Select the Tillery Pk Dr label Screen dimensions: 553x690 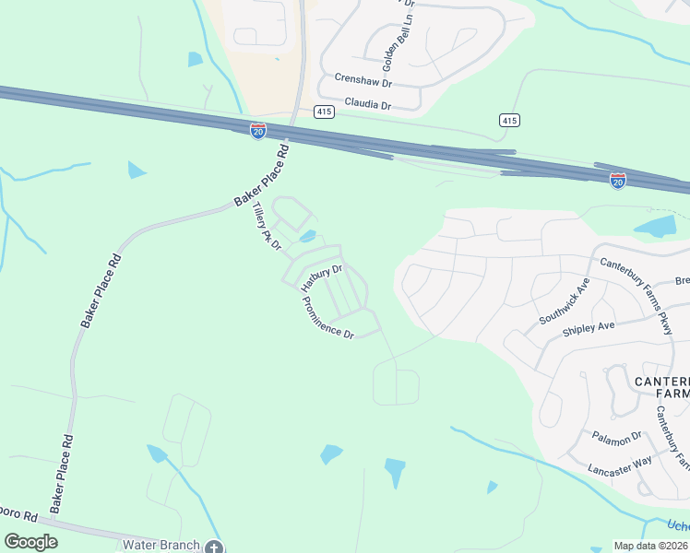click(x=267, y=229)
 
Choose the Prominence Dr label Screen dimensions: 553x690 click(x=327, y=318)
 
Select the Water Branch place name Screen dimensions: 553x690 click(x=161, y=545)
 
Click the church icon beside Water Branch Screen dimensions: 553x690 click(x=214, y=547)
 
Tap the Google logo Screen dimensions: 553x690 click(x=30, y=542)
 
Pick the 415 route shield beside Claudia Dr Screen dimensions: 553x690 click(x=323, y=112)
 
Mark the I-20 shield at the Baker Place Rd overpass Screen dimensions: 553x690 click(x=258, y=131)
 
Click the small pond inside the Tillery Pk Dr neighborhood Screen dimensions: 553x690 click(x=308, y=236)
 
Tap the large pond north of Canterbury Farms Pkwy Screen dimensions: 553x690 click(x=656, y=227)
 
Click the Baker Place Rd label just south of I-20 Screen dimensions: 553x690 click(x=262, y=175)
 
